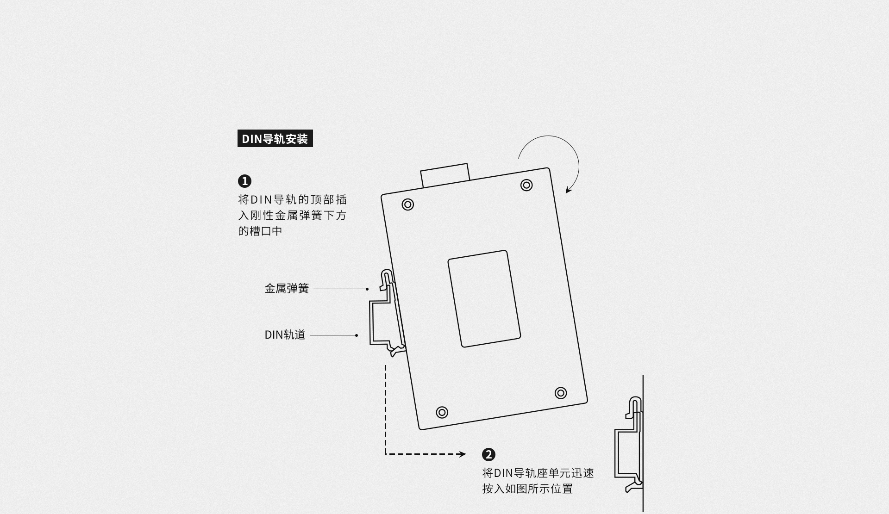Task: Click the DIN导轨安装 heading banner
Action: point(275,138)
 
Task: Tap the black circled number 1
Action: point(244,181)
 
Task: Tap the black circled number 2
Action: point(488,454)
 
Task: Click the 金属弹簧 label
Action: point(287,289)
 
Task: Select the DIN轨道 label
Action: point(285,334)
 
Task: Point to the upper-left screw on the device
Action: point(408,204)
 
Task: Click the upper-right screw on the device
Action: point(526,185)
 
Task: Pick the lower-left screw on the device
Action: point(442,412)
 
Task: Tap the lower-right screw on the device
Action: point(561,393)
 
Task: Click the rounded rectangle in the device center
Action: point(484,298)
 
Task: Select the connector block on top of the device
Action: point(445,175)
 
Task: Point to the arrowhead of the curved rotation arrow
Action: point(569,190)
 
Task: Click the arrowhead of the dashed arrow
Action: point(463,454)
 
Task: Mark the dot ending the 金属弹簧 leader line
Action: point(367,289)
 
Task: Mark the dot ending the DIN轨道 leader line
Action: point(357,335)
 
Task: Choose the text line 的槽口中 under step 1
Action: point(260,230)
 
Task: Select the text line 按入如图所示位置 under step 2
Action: point(527,489)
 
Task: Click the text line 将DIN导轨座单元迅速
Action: point(538,473)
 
